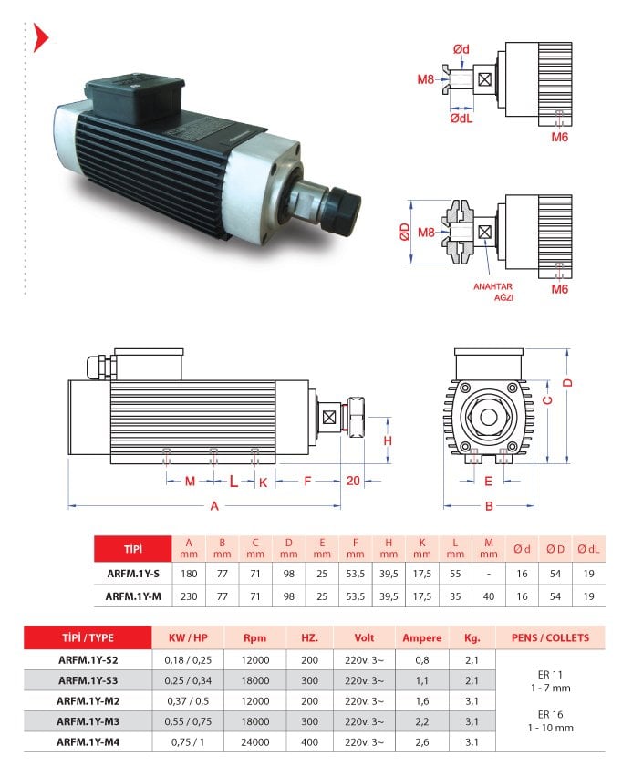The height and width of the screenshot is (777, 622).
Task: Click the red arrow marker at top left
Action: pos(41,37)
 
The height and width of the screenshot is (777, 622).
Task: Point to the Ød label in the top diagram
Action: pos(461,49)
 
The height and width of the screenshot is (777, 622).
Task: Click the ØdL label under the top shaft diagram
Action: pos(461,118)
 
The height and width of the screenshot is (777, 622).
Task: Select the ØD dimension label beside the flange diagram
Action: pos(405,232)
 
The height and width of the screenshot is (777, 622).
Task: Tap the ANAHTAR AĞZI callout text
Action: pos(493,292)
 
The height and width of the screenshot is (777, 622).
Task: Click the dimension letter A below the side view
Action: pos(214,506)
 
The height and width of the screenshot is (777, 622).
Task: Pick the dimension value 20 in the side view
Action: pos(353,481)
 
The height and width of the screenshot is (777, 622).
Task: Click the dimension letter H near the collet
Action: pos(388,440)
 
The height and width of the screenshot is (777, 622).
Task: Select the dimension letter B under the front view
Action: pos(489,506)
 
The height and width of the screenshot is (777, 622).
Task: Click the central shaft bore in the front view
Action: pos(489,417)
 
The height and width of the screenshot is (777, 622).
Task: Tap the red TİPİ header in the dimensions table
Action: pos(133,549)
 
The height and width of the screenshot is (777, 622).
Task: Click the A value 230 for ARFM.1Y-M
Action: pos(189,596)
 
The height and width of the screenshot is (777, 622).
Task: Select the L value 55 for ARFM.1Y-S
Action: pos(455,574)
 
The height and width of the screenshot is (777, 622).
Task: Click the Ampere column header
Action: pos(421,637)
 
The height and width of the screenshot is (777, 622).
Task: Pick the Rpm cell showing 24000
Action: pos(255,741)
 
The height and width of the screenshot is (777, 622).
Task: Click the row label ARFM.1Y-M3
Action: pos(88,721)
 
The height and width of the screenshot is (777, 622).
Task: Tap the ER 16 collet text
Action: pos(550,714)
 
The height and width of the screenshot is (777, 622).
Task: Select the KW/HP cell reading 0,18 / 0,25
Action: pos(188,660)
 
